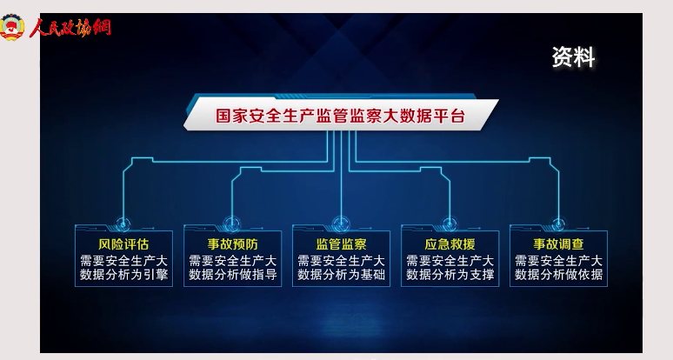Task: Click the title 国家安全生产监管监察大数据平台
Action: pos(340,116)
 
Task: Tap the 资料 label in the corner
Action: pos(573,57)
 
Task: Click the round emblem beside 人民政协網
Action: pos(12,27)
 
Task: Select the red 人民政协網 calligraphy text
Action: pos(70,28)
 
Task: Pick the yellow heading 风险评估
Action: pos(123,244)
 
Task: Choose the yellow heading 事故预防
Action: pos(233,244)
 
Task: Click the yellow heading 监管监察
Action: pos(341,244)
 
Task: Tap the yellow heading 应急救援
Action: pos(450,244)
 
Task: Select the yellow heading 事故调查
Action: pos(558,244)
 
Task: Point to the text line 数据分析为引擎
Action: pos(123,275)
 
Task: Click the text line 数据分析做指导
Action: pos(233,275)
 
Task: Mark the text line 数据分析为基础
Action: pos(341,275)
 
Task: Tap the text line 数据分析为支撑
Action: pos(450,275)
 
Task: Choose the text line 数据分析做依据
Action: pos(558,275)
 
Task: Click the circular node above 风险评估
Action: pos(123,224)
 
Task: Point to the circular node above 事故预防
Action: pos(232,224)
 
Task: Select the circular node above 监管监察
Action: pos(341,224)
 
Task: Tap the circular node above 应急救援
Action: pos(450,224)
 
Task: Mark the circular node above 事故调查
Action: pos(558,224)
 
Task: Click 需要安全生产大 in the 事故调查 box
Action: pos(558,261)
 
